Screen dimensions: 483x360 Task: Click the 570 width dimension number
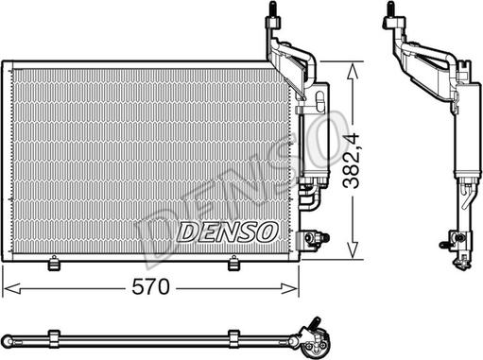[x=150, y=287]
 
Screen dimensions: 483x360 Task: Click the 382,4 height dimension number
[x=352, y=161]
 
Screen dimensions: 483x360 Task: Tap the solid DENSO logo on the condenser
[x=228, y=231]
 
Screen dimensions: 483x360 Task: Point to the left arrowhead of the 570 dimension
[x=11, y=288]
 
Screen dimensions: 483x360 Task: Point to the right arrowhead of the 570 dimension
[x=289, y=288]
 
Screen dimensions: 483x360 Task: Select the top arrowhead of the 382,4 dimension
[x=352, y=72]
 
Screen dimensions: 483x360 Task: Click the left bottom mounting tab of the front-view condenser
[x=54, y=264]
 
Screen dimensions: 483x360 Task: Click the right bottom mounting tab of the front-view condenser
[x=233, y=264]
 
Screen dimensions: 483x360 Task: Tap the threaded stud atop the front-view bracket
[x=273, y=9]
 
